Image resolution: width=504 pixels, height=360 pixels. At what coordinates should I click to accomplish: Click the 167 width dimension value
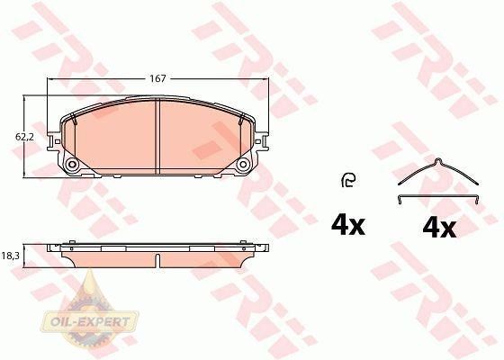(157, 78)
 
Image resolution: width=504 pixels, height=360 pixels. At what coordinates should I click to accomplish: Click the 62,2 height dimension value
(24, 137)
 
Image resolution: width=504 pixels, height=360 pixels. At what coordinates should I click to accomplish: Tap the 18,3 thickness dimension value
(11, 256)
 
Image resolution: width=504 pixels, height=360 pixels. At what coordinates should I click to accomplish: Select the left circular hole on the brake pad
(72, 165)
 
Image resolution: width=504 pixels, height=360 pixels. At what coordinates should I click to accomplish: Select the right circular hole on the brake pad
(243, 165)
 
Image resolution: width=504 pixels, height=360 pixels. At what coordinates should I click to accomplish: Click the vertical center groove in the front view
(157, 137)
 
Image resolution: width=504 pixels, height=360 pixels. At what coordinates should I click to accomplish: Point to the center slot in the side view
(157, 261)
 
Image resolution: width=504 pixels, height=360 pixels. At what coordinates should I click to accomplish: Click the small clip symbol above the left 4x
(348, 180)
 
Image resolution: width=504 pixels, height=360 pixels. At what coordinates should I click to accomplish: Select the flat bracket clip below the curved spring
(438, 197)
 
